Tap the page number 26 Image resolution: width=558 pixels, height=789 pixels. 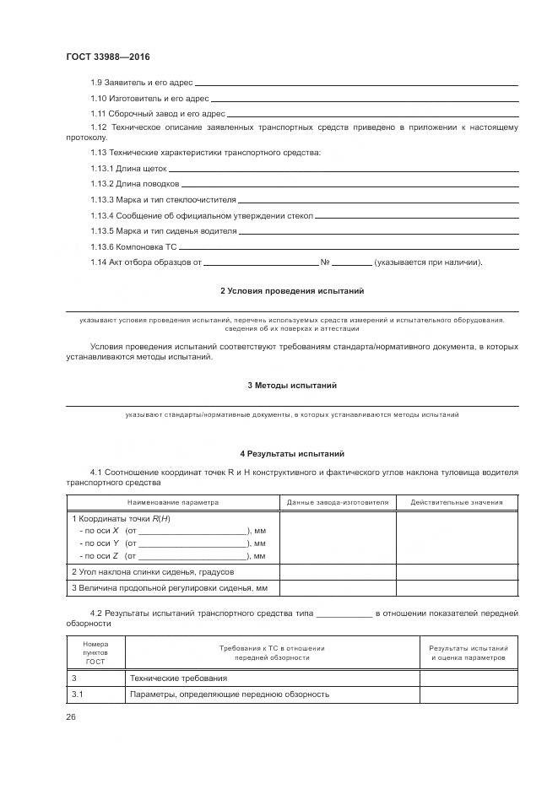click(x=71, y=716)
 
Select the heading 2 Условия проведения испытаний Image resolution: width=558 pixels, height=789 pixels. click(x=292, y=290)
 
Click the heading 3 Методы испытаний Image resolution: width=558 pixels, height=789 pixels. click(x=292, y=385)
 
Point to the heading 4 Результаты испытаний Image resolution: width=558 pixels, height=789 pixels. click(x=292, y=454)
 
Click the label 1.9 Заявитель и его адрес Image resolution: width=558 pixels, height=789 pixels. click(x=142, y=83)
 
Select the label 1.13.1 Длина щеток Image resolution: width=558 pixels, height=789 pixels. click(x=134, y=169)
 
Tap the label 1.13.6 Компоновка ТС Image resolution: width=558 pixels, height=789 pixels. click(x=134, y=246)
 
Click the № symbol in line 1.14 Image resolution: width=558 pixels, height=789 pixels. click(x=324, y=262)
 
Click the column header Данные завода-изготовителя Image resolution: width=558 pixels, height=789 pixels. click(x=337, y=502)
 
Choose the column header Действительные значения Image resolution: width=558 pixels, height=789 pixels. click(x=457, y=502)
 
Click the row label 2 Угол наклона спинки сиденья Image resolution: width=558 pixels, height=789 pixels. click(x=153, y=571)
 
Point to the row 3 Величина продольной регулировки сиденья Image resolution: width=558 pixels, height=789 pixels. click(x=170, y=587)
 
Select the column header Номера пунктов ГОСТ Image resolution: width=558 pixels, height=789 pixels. click(x=95, y=651)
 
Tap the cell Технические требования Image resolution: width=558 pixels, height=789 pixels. click(x=178, y=678)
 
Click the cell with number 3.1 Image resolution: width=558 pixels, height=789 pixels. click(x=78, y=694)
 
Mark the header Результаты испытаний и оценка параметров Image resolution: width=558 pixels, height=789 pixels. click(x=469, y=651)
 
